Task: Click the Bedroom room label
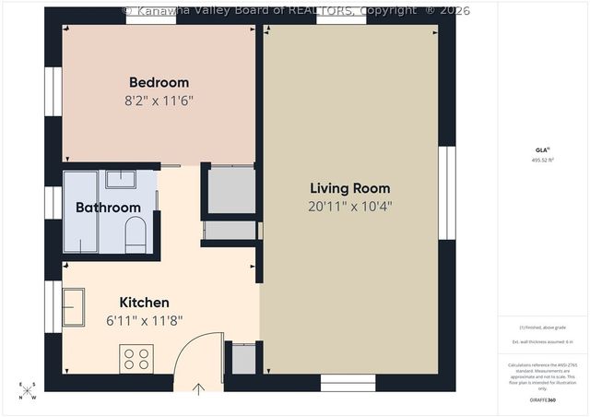click(x=159, y=82)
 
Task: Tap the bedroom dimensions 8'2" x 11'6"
click(x=159, y=100)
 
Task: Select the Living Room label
click(x=350, y=188)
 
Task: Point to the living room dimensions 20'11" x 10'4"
click(x=350, y=207)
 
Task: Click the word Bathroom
click(x=108, y=208)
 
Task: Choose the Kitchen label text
click(x=144, y=303)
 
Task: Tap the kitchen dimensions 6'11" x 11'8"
click(x=144, y=320)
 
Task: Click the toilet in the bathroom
click(x=136, y=235)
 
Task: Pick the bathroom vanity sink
click(x=121, y=179)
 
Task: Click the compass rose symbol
click(x=29, y=391)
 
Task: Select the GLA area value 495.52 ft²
click(x=542, y=160)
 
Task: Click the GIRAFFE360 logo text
click(x=542, y=399)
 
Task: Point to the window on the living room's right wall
click(x=447, y=193)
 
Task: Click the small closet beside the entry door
click(x=243, y=359)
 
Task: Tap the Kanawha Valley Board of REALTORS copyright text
click(x=296, y=10)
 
